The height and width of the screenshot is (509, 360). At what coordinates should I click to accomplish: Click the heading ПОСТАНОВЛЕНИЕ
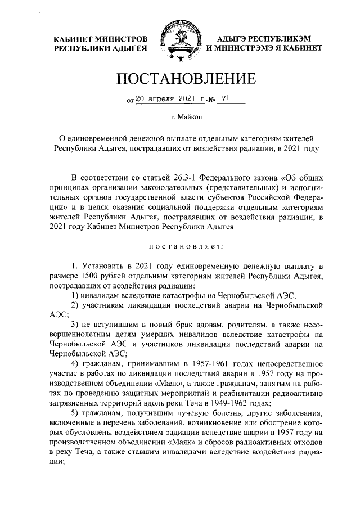(x=179, y=80)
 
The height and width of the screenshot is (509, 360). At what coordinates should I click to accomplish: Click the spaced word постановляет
(x=179, y=246)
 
